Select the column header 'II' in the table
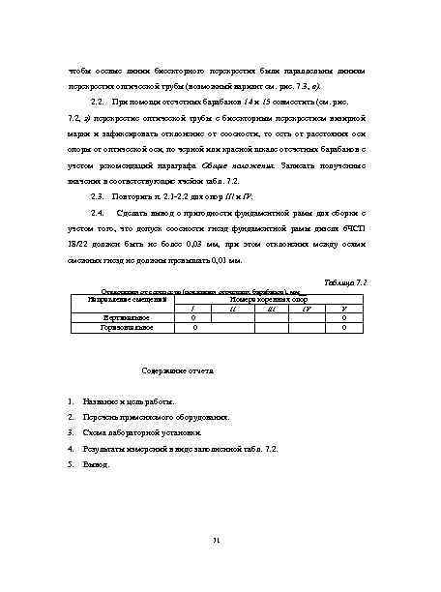[x=233, y=309]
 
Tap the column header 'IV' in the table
[x=307, y=309]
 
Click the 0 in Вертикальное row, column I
[x=195, y=317]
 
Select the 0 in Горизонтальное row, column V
[x=344, y=327]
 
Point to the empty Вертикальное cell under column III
[x=270, y=317]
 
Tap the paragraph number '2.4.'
[x=96, y=211]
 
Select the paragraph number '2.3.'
[x=96, y=195]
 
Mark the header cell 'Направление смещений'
[x=117, y=301]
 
